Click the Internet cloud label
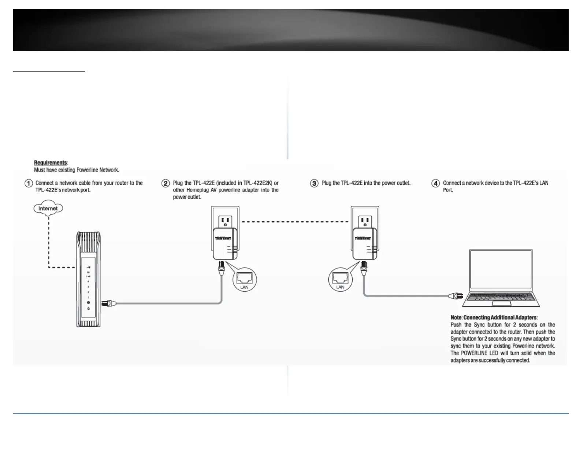click(48, 208)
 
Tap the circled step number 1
click(29, 183)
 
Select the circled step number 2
click(166, 183)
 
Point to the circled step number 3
click(314, 183)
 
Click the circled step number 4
click(435, 183)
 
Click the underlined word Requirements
click(51, 163)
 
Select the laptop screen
click(501, 270)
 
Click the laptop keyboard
click(501, 297)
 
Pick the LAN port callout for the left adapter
click(245, 280)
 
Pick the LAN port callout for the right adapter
click(340, 280)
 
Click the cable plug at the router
click(109, 303)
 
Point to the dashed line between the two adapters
click(295, 222)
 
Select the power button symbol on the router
click(88, 309)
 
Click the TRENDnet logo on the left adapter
click(223, 238)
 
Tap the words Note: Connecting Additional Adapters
click(494, 317)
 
